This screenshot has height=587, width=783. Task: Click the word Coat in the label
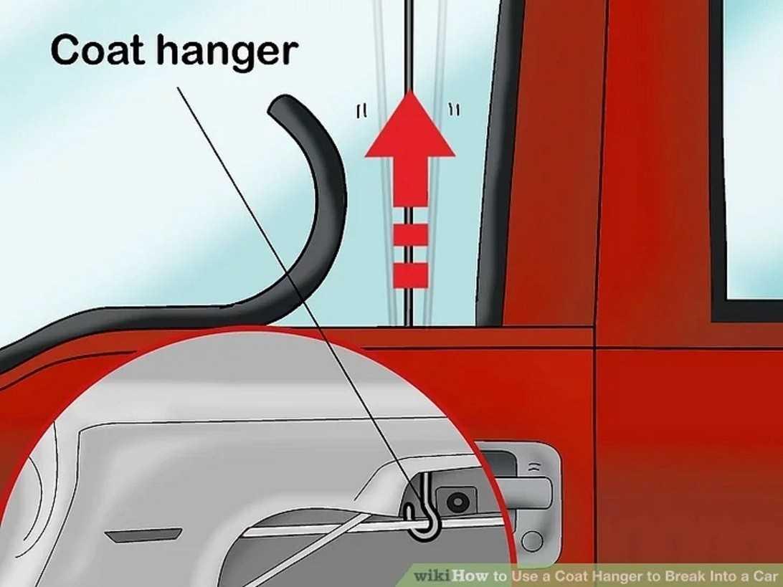(x=98, y=49)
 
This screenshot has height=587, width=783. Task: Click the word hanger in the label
(x=228, y=52)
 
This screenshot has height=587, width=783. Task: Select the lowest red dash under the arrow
(x=410, y=275)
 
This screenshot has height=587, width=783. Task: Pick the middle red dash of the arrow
(x=410, y=235)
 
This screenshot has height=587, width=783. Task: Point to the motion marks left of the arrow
(x=362, y=111)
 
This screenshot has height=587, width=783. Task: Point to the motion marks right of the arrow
(x=455, y=110)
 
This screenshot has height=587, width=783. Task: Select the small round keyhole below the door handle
(x=532, y=542)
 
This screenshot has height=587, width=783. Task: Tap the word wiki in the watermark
(x=432, y=576)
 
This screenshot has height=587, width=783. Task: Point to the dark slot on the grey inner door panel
(x=144, y=535)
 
